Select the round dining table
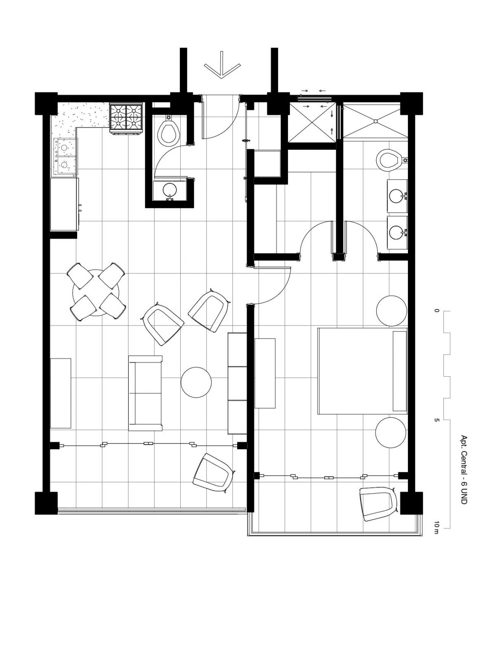96,292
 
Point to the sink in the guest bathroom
170,190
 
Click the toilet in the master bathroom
389,160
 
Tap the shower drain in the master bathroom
375,121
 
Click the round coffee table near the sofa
196,382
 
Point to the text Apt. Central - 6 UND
464,470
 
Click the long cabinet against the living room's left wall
60,393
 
